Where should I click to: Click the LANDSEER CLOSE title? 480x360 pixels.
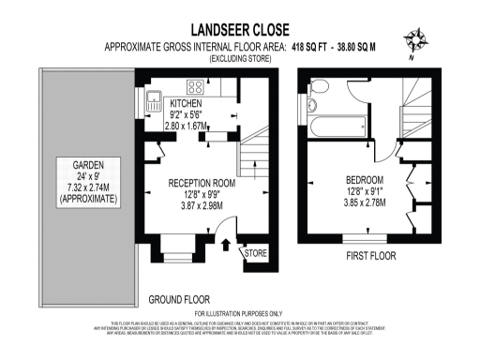[238, 29]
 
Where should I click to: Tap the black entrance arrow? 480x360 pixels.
[225, 247]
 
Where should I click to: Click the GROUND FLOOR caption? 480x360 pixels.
[180, 300]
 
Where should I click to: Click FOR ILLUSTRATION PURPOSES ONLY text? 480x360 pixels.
[238, 313]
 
